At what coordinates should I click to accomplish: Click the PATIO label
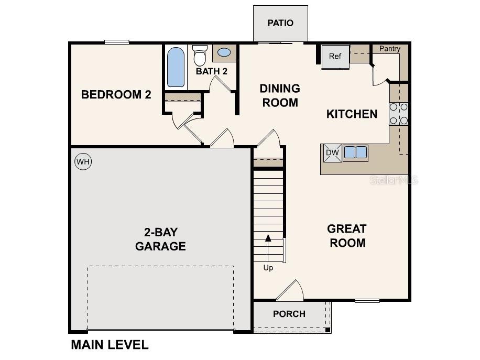(x=280, y=23)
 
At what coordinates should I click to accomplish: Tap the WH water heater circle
(x=83, y=161)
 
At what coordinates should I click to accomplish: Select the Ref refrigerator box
(x=335, y=57)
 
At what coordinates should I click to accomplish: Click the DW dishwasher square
(x=332, y=153)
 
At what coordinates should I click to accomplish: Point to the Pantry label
(x=390, y=49)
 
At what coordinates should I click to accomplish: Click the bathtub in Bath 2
(x=176, y=67)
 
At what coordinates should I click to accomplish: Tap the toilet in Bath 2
(x=200, y=56)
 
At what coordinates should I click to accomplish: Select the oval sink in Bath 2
(x=224, y=52)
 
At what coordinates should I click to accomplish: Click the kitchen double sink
(x=355, y=152)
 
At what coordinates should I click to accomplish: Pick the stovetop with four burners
(x=399, y=114)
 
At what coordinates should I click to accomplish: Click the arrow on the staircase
(x=268, y=248)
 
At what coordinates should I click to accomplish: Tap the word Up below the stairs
(x=268, y=268)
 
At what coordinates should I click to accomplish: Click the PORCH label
(x=289, y=314)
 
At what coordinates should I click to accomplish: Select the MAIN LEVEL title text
(x=110, y=345)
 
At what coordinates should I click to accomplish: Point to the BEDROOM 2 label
(x=116, y=95)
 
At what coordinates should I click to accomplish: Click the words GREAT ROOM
(x=347, y=236)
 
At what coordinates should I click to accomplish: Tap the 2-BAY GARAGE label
(x=161, y=239)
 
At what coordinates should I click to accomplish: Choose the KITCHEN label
(x=352, y=114)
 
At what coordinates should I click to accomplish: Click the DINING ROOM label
(x=280, y=95)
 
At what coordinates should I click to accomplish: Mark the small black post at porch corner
(x=328, y=330)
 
